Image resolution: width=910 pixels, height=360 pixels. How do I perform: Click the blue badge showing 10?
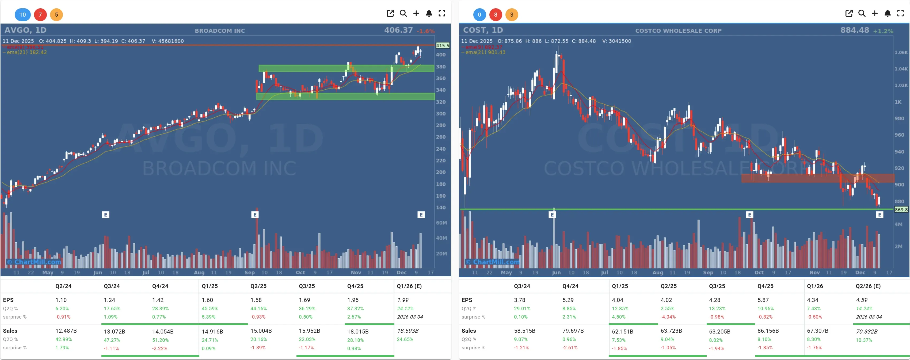click(22, 14)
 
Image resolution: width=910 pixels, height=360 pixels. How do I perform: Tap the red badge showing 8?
click(495, 14)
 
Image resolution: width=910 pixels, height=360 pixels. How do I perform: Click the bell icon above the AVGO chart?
click(429, 13)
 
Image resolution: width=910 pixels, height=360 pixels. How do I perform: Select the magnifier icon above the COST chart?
click(862, 13)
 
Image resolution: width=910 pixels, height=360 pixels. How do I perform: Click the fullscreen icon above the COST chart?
click(900, 13)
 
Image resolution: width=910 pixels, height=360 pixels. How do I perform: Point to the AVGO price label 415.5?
click(442, 45)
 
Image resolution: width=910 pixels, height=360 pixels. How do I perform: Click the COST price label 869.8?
click(901, 209)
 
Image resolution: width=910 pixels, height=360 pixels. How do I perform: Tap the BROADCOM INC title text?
click(220, 31)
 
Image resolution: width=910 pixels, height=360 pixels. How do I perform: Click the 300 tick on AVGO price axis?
click(440, 113)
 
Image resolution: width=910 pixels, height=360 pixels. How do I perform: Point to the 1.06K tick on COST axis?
click(901, 52)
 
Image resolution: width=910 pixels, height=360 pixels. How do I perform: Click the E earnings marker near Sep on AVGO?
click(255, 215)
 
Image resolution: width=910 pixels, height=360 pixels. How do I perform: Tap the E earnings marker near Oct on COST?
click(749, 215)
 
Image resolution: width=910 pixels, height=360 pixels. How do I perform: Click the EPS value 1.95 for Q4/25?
click(353, 300)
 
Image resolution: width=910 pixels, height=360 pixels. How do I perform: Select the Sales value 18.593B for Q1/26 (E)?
click(408, 331)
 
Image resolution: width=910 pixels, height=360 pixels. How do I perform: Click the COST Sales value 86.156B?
click(768, 331)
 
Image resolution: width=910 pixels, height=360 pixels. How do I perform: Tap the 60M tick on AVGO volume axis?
click(441, 223)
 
